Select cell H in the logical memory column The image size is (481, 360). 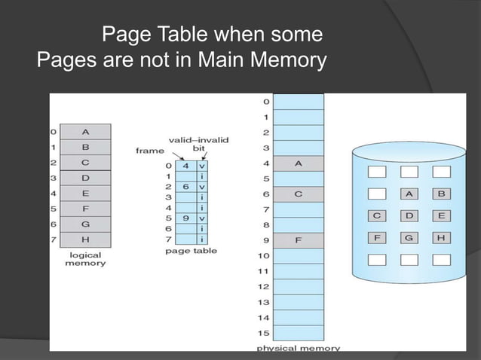coord(85,240)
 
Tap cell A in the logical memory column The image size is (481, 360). coord(85,132)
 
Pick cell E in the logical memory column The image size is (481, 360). coord(85,194)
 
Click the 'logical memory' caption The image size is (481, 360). coord(84,260)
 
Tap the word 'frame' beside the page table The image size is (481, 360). coord(149,150)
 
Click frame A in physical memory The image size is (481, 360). coord(298,163)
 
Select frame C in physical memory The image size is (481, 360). coord(298,194)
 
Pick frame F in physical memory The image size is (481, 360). coord(298,241)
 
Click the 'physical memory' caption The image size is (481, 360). coord(298,349)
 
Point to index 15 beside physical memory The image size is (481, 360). coord(264,334)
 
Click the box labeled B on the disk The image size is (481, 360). coord(441,194)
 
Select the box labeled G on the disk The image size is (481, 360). coord(409,237)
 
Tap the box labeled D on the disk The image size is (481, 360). coord(409,215)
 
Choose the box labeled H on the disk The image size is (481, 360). coord(441,237)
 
